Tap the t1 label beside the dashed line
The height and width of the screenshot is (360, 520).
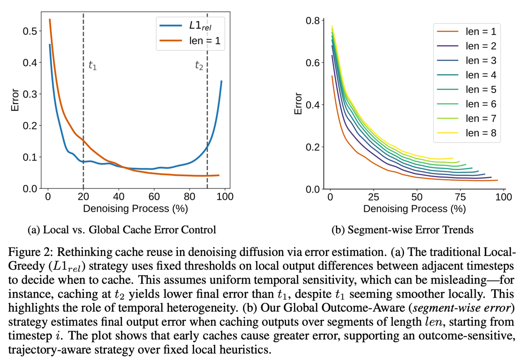pos(92,66)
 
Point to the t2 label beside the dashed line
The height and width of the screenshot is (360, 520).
pos(199,66)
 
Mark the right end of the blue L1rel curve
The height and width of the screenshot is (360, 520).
pos(221,81)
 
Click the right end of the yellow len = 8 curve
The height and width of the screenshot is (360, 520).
pos(453,158)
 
